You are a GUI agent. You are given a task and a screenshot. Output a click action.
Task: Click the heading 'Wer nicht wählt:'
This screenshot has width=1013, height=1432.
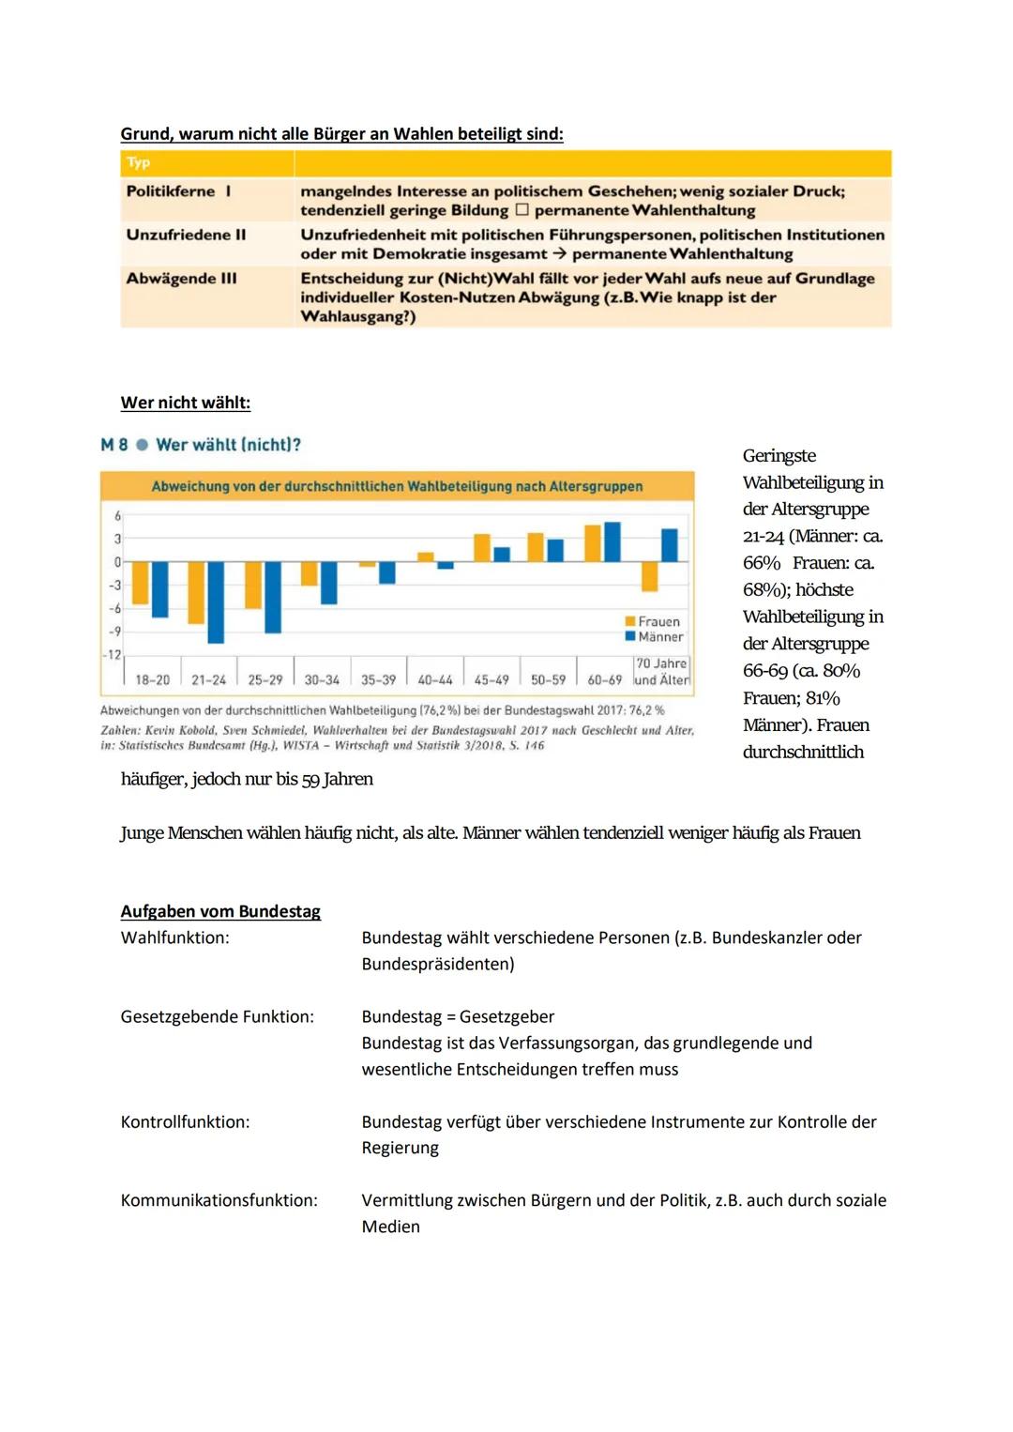[185, 403]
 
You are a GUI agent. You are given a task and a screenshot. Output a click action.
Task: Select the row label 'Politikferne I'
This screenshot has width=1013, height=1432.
[178, 191]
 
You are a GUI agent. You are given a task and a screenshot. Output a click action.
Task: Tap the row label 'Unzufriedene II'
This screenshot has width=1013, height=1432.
[186, 235]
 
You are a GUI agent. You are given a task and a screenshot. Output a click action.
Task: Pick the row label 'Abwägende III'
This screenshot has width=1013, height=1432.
[181, 279]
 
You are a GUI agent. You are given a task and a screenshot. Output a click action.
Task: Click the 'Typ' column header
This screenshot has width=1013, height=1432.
[139, 162]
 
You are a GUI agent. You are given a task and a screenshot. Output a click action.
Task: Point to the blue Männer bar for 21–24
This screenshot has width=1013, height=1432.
[216, 602]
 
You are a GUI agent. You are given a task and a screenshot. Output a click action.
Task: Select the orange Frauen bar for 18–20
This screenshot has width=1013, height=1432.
[141, 583]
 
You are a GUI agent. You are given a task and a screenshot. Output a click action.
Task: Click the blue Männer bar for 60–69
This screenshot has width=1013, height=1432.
[612, 542]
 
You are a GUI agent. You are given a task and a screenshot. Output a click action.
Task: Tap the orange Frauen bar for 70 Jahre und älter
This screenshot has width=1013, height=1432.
[650, 576]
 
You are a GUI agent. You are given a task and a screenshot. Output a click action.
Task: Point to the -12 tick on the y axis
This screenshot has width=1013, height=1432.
[113, 654]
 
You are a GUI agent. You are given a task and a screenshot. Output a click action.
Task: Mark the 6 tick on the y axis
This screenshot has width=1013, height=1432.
[117, 516]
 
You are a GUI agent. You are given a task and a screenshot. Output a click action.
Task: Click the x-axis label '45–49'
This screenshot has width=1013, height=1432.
[491, 679]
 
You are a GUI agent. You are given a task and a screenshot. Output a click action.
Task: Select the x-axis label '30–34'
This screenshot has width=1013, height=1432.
[322, 679]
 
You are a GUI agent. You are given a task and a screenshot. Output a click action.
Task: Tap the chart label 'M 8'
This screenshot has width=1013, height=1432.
[113, 445]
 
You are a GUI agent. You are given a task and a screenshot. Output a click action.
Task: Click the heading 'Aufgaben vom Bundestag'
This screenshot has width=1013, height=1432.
[220, 911]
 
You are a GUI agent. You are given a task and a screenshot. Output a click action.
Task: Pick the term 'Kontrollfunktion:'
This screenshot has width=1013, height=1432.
[185, 1121]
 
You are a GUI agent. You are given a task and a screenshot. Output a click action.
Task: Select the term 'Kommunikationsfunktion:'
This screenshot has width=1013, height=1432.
[219, 1200]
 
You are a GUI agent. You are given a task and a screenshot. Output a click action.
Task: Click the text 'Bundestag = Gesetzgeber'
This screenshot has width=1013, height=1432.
[458, 1016]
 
